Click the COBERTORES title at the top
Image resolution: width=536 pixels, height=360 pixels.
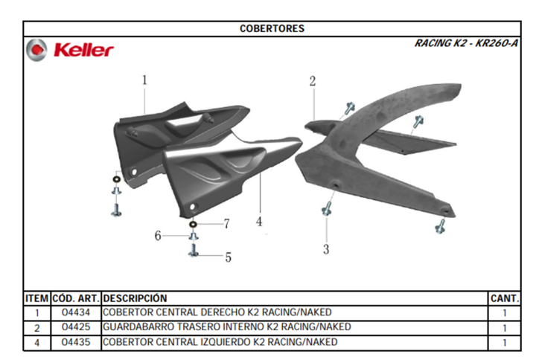(x=272, y=28)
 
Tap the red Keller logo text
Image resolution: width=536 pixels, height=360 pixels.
(x=83, y=50)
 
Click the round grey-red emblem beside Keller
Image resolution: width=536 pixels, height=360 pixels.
(x=36, y=50)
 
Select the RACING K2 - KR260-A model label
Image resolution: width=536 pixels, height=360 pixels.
(x=466, y=43)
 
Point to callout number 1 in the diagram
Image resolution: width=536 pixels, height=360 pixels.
(x=144, y=80)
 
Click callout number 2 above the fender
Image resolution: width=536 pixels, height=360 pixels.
(x=313, y=81)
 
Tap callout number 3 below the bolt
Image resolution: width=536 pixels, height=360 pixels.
(x=326, y=249)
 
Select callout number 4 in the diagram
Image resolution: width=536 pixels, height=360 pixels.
(x=259, y=222)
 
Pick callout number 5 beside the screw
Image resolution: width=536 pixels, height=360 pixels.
(x=229, y=257)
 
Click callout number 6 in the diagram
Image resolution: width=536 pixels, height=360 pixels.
(x=158, y=235)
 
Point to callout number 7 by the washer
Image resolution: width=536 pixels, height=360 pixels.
(x=226, y=224)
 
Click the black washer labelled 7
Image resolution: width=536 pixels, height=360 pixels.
(x=193, y=225)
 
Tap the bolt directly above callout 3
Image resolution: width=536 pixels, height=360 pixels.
(x=327, y=208)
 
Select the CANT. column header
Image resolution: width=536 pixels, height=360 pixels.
(x=505, y=298)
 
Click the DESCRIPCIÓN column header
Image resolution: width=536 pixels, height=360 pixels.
(x=135, y=298)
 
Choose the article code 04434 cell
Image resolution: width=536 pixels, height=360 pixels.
(x=76, y=312)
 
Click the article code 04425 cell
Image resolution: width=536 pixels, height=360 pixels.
(x=76, y=327)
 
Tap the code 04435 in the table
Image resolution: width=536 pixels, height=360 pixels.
(x=76, y=342)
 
